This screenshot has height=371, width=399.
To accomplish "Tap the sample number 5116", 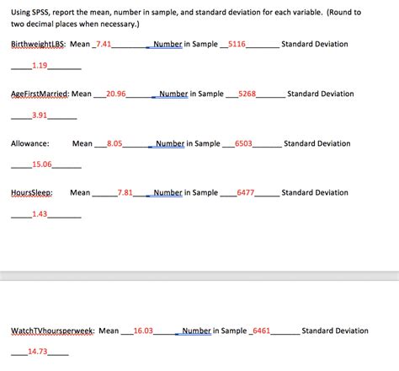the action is (x=237, y=43).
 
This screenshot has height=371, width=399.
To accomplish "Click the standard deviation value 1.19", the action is (x=39, y=65).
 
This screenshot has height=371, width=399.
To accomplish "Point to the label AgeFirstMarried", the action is (x=40, y=94).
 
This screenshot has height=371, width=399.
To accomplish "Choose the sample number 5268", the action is (x=247, y=94).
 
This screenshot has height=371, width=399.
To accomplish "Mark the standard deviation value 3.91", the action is (x=39, y=115).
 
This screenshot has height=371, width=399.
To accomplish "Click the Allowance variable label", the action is (x=30, y=144).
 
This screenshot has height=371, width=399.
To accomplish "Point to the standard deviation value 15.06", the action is (x=41, y=164).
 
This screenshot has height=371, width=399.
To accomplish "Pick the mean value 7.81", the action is (x=125, y=193).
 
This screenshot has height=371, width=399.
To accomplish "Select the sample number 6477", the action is (x=246, y=193).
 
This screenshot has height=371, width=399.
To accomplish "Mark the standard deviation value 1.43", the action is (x=39, y=214).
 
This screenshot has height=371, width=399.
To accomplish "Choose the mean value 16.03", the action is (x=143, y=331).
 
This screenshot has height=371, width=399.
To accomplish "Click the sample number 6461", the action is (x=261, y=331).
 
